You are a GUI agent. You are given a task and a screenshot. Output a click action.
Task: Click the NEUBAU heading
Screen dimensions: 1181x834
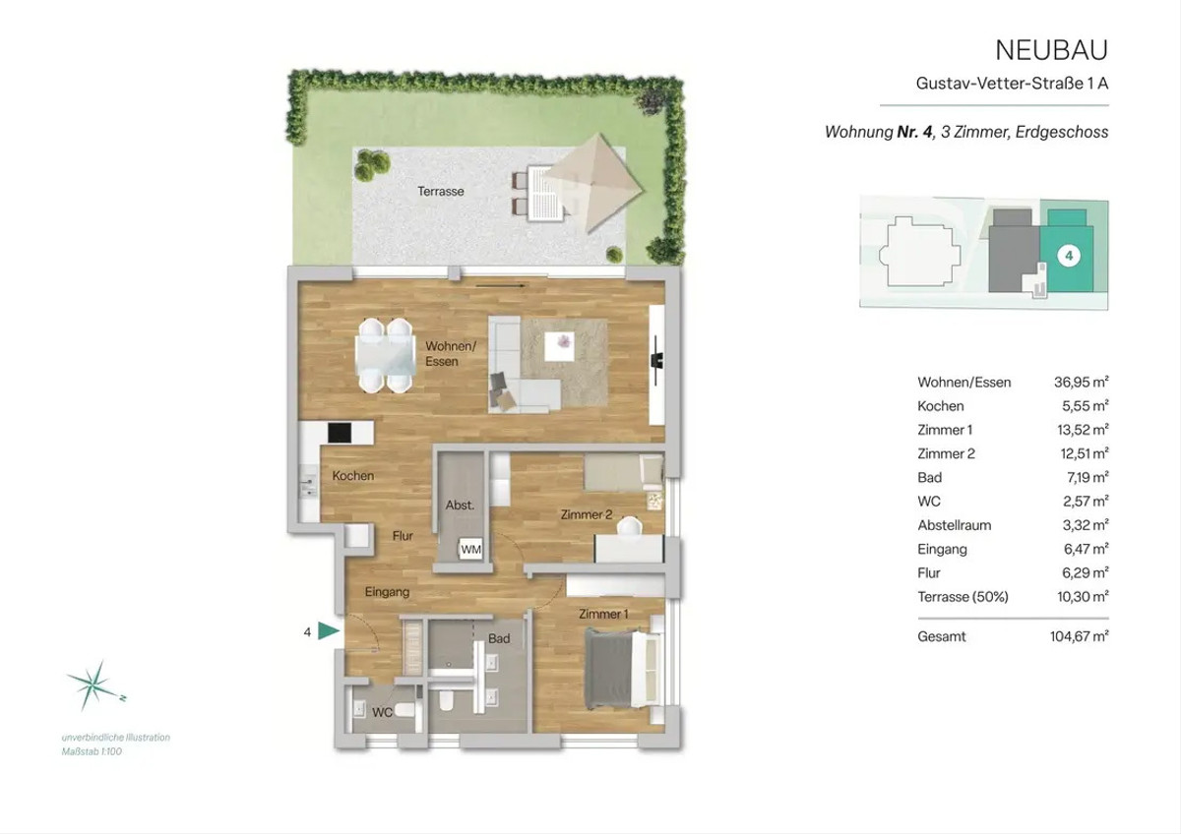pyautogui.click(x=1051, y=50)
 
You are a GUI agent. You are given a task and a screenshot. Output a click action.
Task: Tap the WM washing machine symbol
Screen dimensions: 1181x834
pyautogui.click(x=470, y=550)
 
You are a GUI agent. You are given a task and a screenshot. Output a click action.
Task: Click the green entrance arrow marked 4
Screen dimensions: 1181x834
pyautogui.click(x=329, y=631)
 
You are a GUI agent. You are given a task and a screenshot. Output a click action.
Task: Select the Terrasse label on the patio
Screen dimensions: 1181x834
pyautogui.click(x=441, y=191)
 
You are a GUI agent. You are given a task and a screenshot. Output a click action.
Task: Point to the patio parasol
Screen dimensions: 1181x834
pyautogui.click(x=593, y=183)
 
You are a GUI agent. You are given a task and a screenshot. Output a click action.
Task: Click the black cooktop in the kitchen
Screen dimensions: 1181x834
pyautogui.click(x=340, y=433)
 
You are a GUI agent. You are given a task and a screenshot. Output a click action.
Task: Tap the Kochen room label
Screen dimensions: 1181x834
pyautogui.click(x=352, y=476)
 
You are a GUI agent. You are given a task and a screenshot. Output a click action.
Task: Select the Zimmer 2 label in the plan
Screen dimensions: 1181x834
pyautogui.click(x=587, y=514)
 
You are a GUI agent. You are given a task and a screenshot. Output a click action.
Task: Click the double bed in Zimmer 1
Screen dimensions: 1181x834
pyautogui.click(x=623, y=670)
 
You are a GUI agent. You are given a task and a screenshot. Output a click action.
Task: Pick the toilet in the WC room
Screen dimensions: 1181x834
pyautogui.click(x=404, y=711)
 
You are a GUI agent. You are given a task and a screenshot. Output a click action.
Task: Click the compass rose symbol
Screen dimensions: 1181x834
pyautogui.click(x=96, y=685)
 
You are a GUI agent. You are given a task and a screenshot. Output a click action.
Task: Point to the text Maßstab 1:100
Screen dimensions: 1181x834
pyautogui.click(x=92, y=751)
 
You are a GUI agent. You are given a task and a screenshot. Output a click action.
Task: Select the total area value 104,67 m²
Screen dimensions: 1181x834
pyautogui.click(x=1079, y=636)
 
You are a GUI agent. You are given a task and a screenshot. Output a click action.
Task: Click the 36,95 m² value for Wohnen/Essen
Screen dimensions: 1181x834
pyautogui.click(x=1081, y=382)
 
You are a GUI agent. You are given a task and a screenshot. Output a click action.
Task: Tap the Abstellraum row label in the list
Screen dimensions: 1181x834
pyautogui.click(x=955, y=525)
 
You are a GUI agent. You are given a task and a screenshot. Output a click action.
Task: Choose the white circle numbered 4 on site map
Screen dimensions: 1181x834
pyautogui.click(x=1069, y=256)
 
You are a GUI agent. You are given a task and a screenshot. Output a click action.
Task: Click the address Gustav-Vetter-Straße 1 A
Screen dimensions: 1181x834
pyautogui.click(x=1012, y=84)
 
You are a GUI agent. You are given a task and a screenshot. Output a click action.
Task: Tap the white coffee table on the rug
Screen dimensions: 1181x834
pyautogui.click(x=559, y=346)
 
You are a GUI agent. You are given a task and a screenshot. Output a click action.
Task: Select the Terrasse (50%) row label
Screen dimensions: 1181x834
pyautogui.click(x=963, y=597)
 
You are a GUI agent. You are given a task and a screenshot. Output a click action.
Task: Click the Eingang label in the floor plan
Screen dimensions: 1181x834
pyautogui.click(x=387, y=592)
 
